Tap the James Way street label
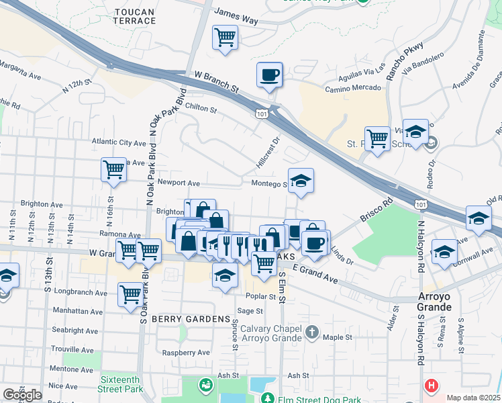[x=236, y=16]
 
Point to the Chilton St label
[x=201, y=109]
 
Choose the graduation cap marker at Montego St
[x=301, y=180]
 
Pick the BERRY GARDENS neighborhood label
[x=191, y=318]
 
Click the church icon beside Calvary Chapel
[x=311, y=332]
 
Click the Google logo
[x=22, y=395]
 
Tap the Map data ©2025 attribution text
[x=473, y=398]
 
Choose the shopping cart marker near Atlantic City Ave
[x=113, y=169]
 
